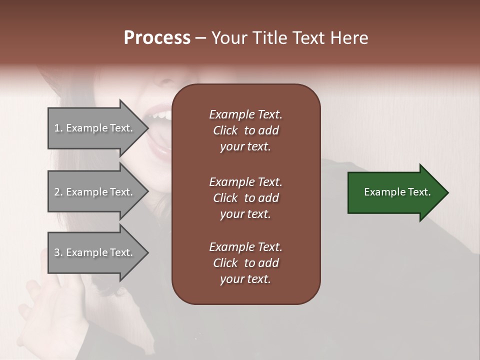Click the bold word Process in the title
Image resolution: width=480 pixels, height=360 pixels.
[x=157, y=38]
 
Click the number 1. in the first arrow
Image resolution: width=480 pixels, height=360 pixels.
[x=58, y=128]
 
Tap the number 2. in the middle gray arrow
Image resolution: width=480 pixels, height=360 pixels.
[x=58, y=192]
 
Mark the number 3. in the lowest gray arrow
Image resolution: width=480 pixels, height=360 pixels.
[x=58, y=252]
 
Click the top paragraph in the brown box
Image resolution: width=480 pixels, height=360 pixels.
[x=245, y=130]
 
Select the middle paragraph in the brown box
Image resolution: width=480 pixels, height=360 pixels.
[x=245, y=197]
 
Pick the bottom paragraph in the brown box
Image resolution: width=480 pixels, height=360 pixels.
[x=245, y=263]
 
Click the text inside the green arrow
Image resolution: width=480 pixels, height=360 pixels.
[x=397, y=192]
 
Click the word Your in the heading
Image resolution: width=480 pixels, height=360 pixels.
[x=230, y=38]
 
